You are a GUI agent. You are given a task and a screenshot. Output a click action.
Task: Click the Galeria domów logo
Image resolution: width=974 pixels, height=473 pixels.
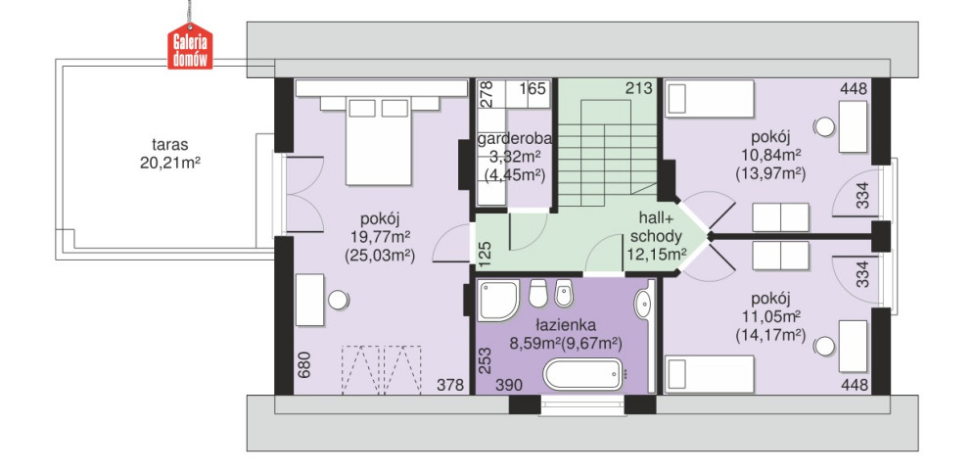coord(190,46)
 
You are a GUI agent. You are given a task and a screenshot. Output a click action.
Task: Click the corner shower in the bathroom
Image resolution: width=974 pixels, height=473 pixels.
coord(498,302)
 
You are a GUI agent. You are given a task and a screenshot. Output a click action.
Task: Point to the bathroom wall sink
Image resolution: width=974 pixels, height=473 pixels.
coord(643,305)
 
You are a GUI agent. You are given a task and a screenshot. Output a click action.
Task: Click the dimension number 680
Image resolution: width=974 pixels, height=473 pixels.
coord(303,365)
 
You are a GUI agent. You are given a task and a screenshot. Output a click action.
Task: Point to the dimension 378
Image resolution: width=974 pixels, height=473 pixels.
coord(450,386)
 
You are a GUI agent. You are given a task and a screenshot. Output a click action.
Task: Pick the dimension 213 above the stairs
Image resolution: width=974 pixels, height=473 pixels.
coord(640,89)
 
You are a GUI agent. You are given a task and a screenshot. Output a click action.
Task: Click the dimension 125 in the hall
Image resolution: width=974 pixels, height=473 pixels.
coord(486,254)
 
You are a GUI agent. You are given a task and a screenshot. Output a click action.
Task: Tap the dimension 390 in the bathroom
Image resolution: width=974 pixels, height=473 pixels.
coord(508,386)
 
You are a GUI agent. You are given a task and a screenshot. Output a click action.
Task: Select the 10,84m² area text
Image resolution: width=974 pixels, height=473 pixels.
coord(770,154)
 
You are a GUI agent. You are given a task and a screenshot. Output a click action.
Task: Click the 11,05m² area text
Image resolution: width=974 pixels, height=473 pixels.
coord(770,316)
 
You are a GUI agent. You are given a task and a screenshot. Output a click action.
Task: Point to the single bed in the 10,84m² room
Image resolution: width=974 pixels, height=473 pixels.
coord(709,101)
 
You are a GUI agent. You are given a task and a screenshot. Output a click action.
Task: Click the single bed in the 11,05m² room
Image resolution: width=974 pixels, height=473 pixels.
coord(709,374)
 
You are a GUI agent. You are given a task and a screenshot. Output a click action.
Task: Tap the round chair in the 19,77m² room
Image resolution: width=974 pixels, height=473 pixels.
coord(339,301)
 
